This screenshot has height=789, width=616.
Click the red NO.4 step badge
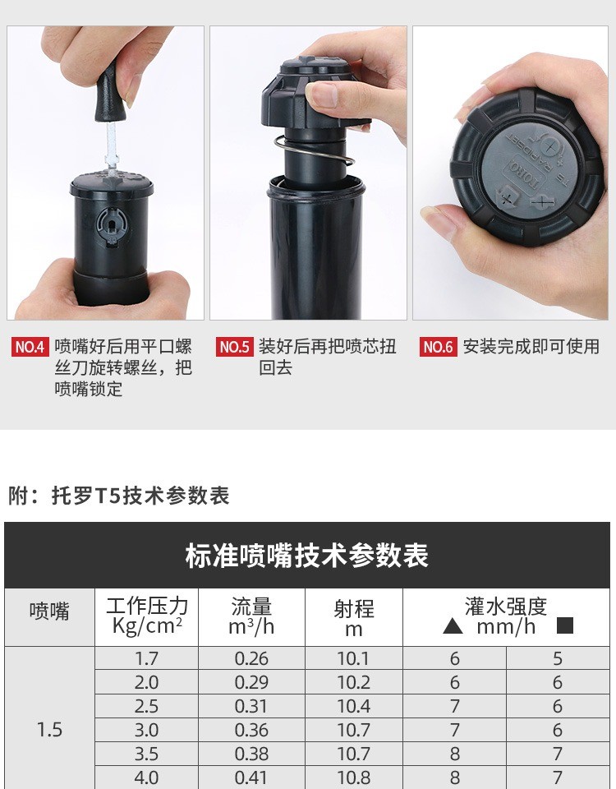coord(30,347)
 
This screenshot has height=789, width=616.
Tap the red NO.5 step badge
coord(234,347)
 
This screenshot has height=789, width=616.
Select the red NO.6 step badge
coord(438,347)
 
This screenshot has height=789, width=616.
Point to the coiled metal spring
coord(315,151)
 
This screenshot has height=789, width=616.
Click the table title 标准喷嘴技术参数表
coord(306,556)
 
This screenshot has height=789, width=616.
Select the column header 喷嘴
coord(49,611)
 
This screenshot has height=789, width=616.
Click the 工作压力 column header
coord(147,606)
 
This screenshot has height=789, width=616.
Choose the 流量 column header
coord(251,606)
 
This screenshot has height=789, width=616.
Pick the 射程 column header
coord(354,609)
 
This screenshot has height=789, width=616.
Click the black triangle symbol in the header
coord(453,626)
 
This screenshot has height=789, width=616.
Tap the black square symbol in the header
coord(565,625)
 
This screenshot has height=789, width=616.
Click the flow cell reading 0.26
coord(251,658)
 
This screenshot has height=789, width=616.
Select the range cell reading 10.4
coord(353,707)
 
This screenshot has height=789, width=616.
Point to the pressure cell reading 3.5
coord(146,754)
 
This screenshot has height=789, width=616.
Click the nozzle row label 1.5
coord(49,730)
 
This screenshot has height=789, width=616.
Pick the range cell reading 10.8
coord(353,778)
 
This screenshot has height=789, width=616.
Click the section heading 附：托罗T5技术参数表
coord(119,496)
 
